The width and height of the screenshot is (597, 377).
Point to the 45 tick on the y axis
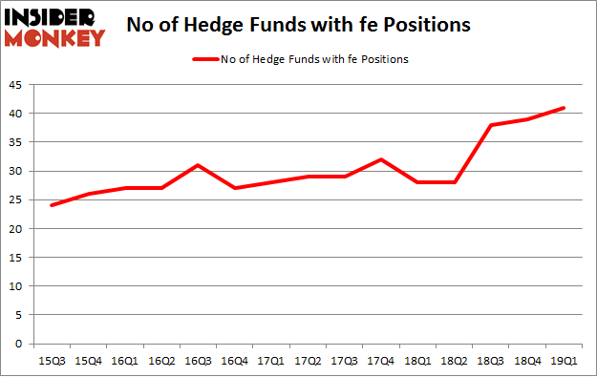(x=17, y=85)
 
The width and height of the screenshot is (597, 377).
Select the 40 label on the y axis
(x=17, y=114)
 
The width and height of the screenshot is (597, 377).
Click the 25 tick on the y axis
(x=17, y=199)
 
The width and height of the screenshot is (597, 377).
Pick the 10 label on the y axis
(x=17, y=286)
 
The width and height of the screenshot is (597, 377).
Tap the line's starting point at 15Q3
(x=53, y=205)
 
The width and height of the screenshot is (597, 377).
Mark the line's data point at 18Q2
(x=455, y=182)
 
